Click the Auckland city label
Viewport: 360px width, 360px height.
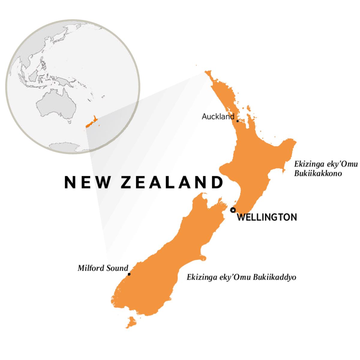[218, 116]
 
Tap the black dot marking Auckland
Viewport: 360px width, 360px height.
[238, 121]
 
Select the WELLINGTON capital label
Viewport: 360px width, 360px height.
[267, 217]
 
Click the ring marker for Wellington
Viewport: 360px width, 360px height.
[232, 210]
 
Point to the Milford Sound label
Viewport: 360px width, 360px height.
[103, 268]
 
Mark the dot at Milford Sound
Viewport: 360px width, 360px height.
[129, 274]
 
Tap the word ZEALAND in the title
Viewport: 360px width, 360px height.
[172, 182]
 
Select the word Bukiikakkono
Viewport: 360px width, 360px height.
[318, 173]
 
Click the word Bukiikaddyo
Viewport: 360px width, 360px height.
[274, 277]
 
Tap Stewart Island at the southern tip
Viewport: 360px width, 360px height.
[130, 323]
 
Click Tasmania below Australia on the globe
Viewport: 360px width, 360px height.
[70, 122]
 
